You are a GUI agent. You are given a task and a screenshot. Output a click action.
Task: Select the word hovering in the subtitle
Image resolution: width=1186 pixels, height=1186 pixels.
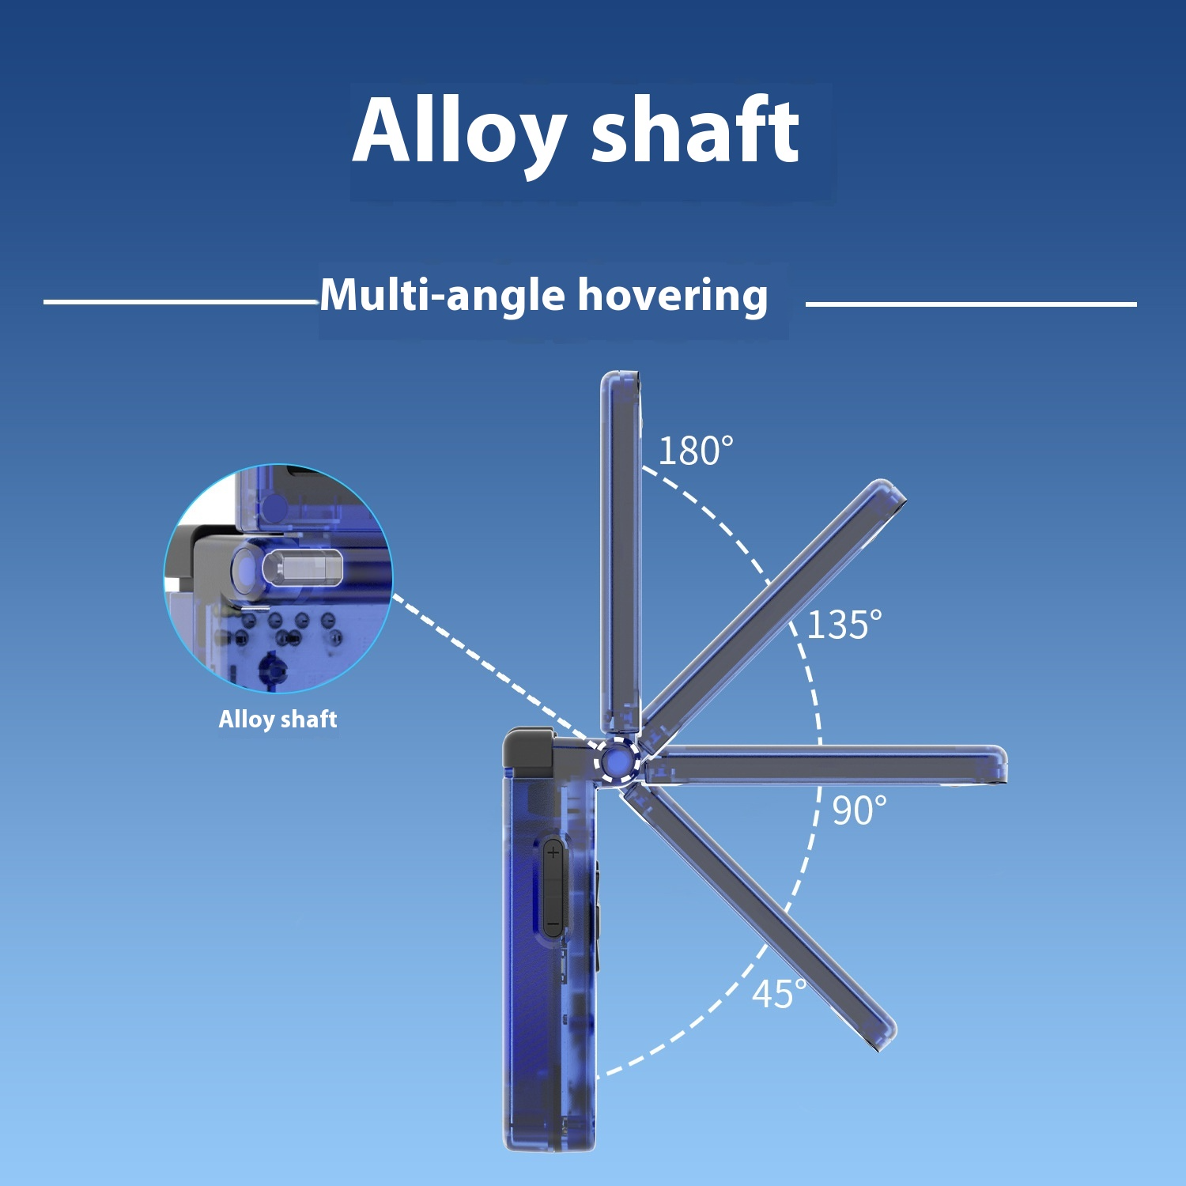click(673, 296)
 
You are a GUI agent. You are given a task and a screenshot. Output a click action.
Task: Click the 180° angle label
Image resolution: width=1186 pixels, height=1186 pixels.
click(696, 451)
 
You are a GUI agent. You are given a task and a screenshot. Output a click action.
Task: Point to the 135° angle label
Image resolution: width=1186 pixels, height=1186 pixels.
click(844, 625)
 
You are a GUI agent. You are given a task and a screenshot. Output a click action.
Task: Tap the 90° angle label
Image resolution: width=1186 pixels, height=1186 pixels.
click(859, 810)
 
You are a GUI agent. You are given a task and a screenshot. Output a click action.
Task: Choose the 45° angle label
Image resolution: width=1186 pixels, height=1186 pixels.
click(780, 994)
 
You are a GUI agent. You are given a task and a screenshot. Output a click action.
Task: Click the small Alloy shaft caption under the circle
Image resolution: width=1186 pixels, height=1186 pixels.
click(278, 720)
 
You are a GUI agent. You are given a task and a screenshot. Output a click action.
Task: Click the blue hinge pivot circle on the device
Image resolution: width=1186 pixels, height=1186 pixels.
click(617, 761)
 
